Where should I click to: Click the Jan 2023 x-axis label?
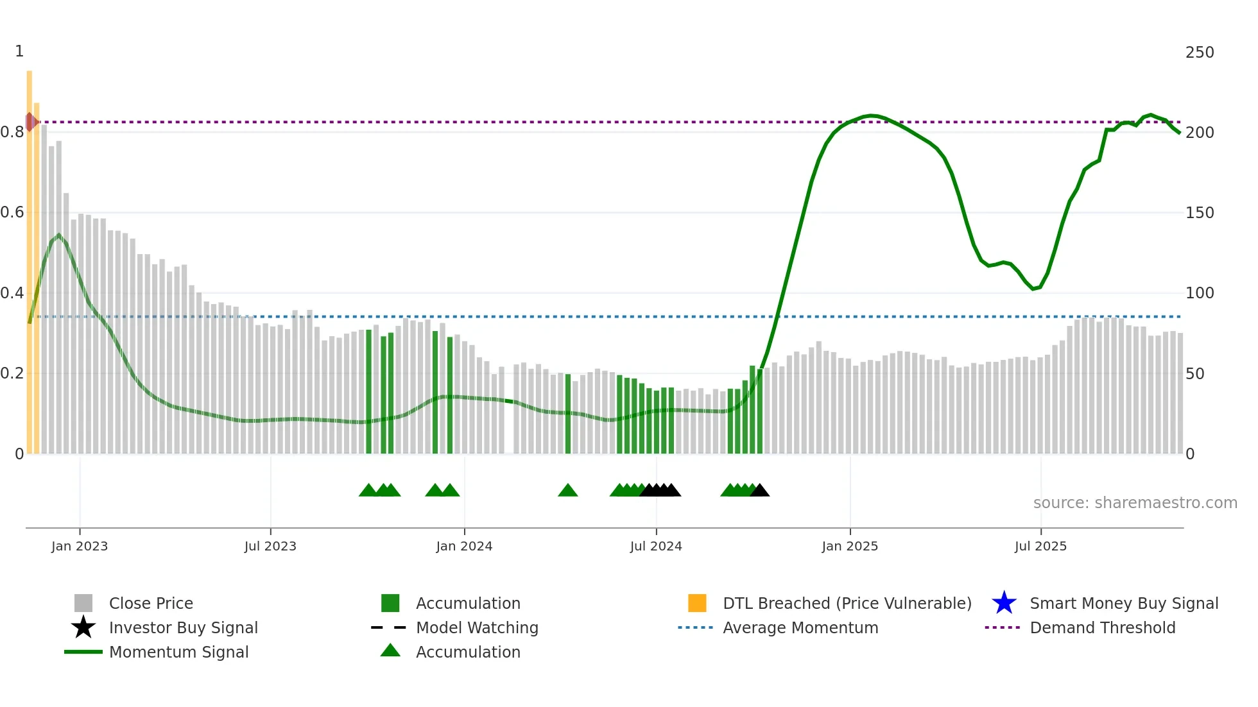[80, 547]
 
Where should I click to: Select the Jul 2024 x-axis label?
[656, 547]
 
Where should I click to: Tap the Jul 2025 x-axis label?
[1040, 547]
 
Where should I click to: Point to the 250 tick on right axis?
[1200, 53]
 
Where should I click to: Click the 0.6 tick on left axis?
[12, 212]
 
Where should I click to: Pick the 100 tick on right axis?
[1200, 293]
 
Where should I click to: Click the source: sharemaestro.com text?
[1135, 503]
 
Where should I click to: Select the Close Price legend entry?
[151, 604]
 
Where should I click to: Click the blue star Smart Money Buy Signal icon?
[1004, 603]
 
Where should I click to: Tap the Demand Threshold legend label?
[1102, 628]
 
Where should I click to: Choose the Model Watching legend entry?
[477, 628]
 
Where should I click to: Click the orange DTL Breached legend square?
[697, 603]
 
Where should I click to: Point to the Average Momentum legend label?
[800, 628]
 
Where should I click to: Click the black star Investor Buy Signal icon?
[83, 627]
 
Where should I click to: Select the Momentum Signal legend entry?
[178, 652]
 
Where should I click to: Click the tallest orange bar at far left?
[30, 257]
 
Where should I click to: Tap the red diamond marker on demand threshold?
[30, 122]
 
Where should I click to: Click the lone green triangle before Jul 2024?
[567, 491]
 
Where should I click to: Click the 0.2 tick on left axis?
[12, 373]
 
